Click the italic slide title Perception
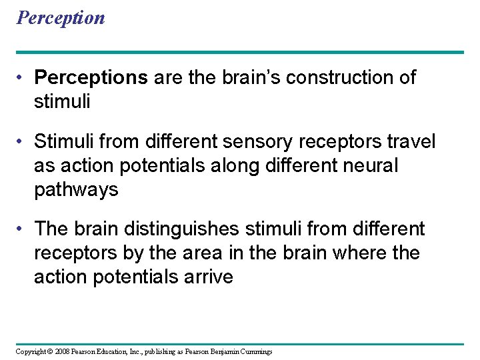(61, 17)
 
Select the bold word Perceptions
(91, 78)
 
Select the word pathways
(76, 190)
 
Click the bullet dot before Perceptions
(22, 78)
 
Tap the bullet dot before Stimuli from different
(22, 142)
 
